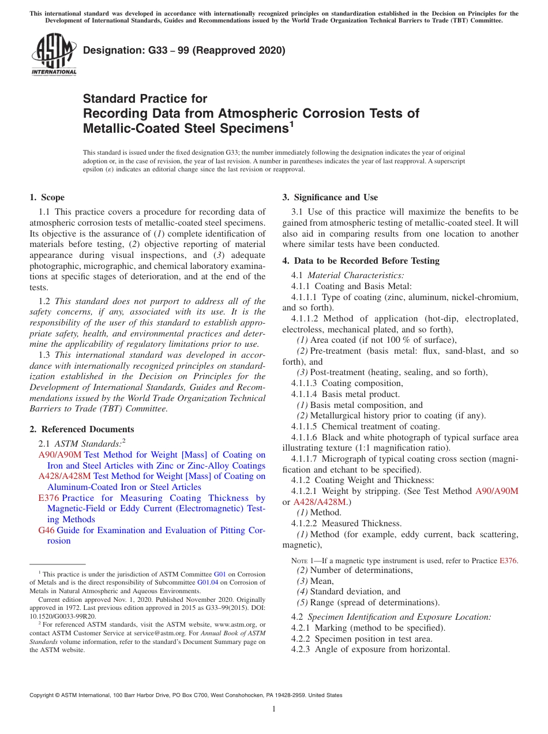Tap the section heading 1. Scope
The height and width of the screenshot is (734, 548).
tap(47, 197)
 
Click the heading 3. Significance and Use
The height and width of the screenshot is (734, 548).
tap(330, 197)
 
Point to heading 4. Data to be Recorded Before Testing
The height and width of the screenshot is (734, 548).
tap(361, 261)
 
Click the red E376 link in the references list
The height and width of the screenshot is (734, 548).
tap(48, 498)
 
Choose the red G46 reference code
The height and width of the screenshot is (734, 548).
tap(46, 530)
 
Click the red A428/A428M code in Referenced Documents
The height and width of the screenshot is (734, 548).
tap(65, 476)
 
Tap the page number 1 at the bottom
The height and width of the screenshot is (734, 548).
tap(274, 709)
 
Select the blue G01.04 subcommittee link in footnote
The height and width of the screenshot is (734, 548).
tap(207, 583)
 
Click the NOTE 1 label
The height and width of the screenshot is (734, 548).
tap(302, 561)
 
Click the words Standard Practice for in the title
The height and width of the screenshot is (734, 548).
tap(145, 98)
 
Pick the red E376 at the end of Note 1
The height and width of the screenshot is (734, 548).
tap(508, 561)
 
